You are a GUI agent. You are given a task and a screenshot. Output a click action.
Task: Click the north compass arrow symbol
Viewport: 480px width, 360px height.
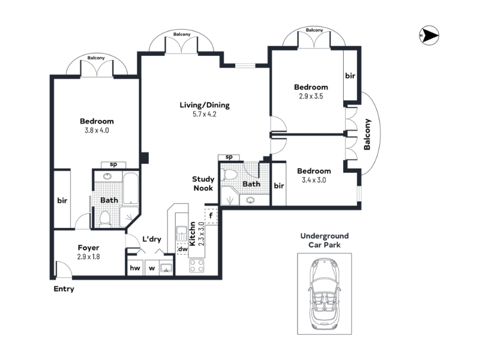(429, 35)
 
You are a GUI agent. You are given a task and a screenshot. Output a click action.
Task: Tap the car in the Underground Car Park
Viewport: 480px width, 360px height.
(324, 294)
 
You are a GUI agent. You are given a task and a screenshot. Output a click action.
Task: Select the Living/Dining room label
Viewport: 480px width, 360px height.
(205, 105)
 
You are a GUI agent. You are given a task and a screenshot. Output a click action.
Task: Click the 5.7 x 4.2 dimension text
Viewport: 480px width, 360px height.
(205, 114)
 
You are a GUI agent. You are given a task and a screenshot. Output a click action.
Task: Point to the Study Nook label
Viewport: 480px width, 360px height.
(203, 184)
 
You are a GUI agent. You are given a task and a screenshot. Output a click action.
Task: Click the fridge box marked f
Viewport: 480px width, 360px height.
(211, 216)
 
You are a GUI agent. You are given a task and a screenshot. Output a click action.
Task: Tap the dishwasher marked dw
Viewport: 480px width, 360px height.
(183, 249)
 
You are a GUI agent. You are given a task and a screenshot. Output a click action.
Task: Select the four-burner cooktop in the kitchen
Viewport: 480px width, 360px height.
(197, 265)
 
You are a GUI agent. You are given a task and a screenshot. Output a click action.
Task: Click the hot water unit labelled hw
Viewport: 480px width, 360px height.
(135, 268)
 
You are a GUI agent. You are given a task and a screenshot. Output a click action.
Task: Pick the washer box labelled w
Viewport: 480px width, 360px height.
(152, 268)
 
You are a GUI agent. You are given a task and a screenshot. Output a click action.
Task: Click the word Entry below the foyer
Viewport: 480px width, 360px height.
(64, 289)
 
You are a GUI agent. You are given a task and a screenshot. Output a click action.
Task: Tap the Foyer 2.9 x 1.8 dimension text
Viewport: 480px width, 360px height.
(88, 257)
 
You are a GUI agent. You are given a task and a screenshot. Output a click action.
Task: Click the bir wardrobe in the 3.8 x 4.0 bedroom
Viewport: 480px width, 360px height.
(62, 199)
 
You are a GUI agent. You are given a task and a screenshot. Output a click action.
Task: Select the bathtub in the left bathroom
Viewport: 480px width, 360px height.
(131, 188)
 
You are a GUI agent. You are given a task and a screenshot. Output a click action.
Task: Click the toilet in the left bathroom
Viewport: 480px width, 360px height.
(105, 218)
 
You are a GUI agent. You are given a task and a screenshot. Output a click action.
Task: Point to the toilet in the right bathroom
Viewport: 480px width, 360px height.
(230, 175)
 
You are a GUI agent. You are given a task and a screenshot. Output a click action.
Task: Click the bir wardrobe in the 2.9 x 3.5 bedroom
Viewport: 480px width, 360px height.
(350, 76)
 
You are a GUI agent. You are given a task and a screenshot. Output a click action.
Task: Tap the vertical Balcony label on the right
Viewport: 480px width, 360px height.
(367, 134)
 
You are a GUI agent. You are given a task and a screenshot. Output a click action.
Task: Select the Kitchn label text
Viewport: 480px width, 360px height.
(193, 234)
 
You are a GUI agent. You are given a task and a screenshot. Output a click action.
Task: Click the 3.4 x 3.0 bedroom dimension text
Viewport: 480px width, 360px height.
(314, 180)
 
